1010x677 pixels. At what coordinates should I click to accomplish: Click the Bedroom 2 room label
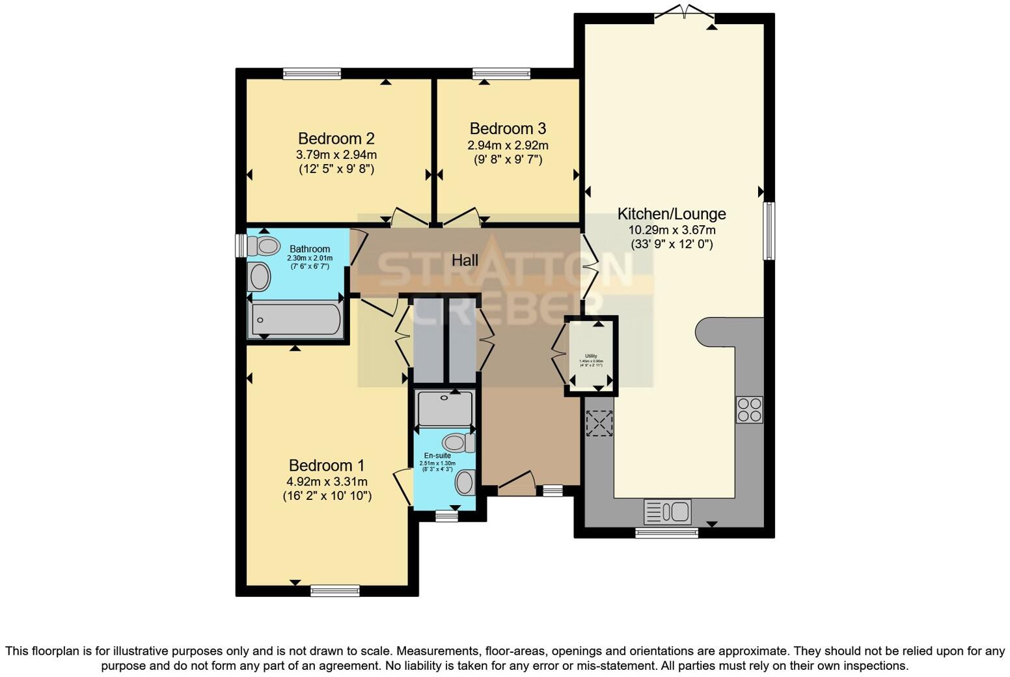(336, 138)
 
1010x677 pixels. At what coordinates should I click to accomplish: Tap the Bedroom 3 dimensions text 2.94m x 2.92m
(508, 145)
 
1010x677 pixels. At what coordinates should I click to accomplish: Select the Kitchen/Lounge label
(671, 214)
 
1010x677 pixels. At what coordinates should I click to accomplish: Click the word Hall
(465, 260)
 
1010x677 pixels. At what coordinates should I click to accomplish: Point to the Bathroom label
(309, 249)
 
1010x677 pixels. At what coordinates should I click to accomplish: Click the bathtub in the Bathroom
(296, 319)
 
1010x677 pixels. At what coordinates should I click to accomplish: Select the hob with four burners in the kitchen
(749, 409)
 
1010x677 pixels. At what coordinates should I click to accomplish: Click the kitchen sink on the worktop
(668, 512)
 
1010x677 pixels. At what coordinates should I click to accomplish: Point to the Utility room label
(590, 356)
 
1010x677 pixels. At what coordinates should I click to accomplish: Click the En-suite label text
(437, 455)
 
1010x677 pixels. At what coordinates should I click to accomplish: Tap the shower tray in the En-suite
(445, 408)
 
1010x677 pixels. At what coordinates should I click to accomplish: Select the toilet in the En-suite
(461, 443)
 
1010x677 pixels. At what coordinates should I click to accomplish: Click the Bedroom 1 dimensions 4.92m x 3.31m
(327, 482)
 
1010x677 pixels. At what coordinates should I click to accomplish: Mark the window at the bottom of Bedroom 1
(334, 590)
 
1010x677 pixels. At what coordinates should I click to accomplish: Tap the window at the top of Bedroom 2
(312, 74)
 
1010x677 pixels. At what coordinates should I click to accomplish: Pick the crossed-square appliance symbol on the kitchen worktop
(599, 423)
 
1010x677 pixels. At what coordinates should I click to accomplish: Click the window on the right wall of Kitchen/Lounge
(769, 230)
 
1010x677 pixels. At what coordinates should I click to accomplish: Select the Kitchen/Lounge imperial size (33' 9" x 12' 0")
(672, 245)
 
